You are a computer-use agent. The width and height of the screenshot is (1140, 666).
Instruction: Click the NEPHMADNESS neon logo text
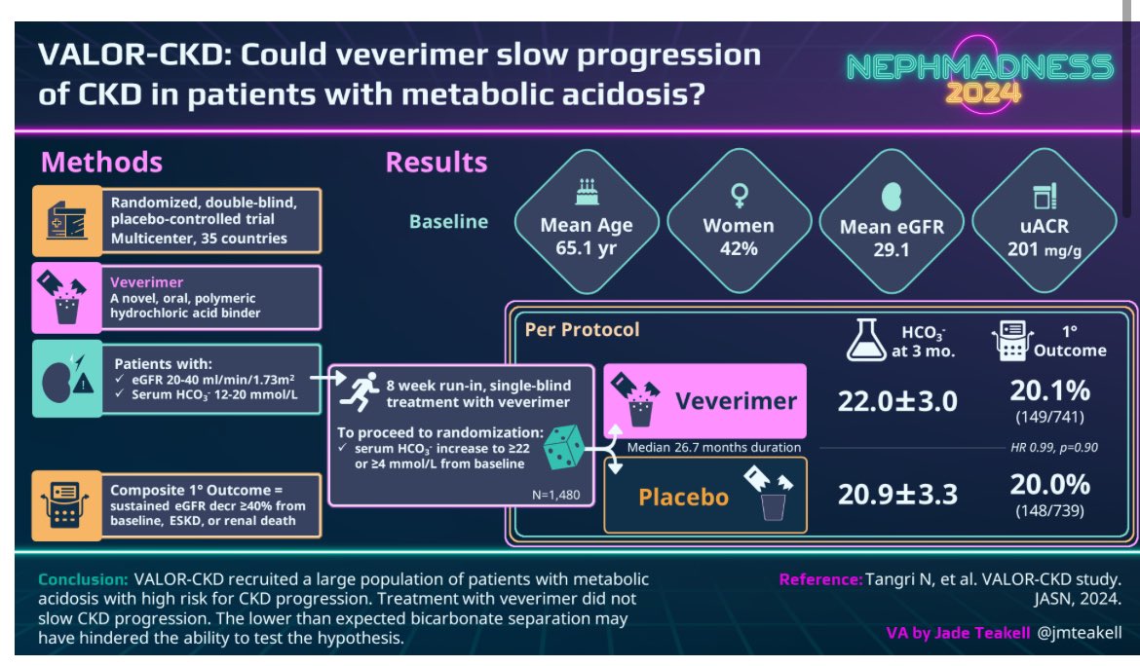tap(979, 66)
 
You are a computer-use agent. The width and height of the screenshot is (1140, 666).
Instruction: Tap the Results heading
tap(437, 162)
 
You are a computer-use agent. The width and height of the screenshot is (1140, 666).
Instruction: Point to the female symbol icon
tap(738, 195)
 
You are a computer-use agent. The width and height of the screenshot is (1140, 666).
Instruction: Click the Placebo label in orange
tap(683, 498)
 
